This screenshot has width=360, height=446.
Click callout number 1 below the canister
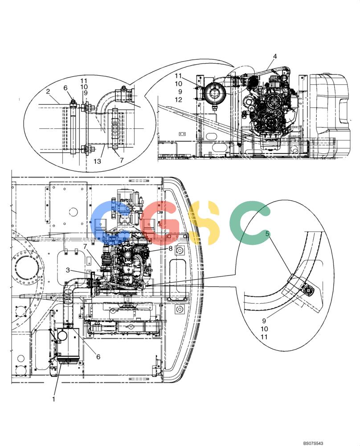point(54,399)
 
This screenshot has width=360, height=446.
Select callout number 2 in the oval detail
point(48,91)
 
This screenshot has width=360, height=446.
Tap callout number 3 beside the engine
point(68,270)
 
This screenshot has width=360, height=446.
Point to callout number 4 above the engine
point(275,56)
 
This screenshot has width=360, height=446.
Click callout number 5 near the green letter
point(267,234)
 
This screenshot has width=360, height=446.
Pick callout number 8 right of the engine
point(171,248)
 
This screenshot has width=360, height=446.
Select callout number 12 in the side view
point(178,99)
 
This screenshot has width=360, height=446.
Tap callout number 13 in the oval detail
point(97,161)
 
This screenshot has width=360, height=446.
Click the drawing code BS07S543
point(313,443)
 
